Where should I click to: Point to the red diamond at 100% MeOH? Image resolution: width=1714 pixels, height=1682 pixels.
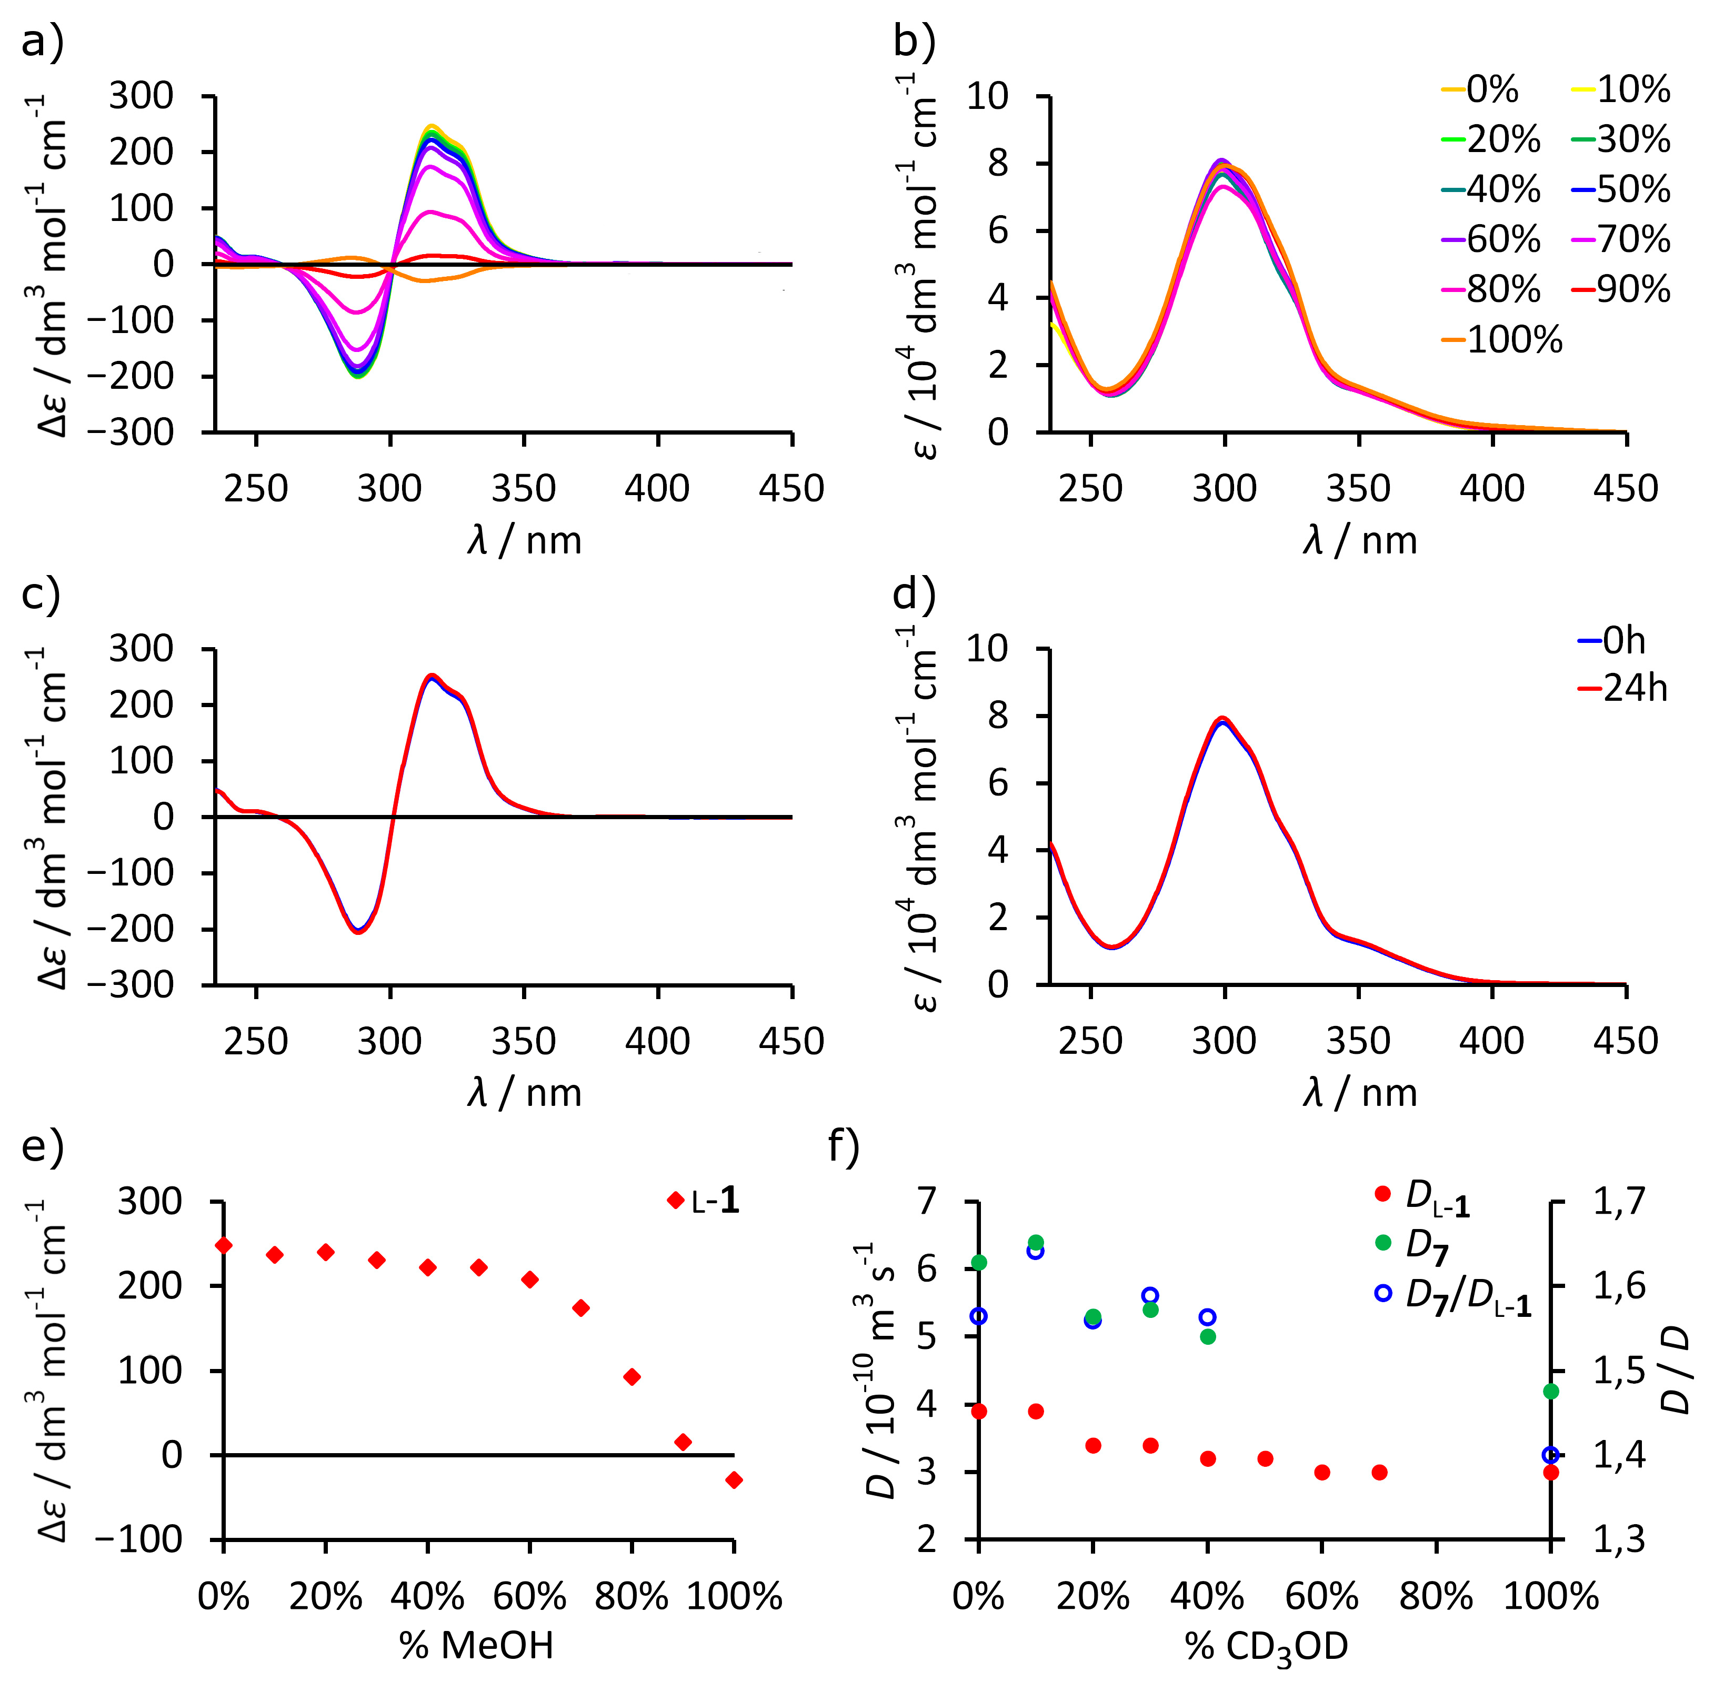(x=733, y=1479)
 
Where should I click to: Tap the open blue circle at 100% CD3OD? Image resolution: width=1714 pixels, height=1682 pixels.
(x=1550, y=1455)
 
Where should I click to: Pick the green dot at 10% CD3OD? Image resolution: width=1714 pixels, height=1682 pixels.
(x=1036, y=1242)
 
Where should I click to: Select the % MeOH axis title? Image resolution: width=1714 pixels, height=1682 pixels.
(x=476, y=1646)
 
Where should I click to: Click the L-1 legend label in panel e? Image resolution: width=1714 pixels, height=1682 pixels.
(x=715, y=1201)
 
